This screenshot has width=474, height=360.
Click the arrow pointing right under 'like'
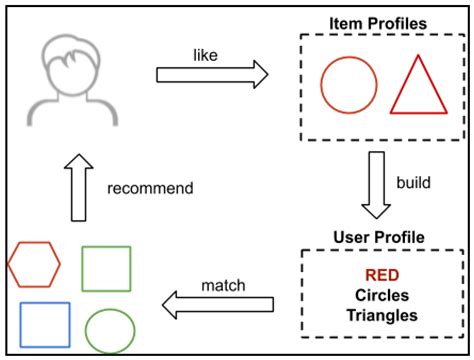pos(213,73)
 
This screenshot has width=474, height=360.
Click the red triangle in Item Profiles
pos(417,86)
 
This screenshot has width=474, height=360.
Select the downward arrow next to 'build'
pos(376,185)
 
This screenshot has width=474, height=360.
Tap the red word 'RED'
pos(378,274)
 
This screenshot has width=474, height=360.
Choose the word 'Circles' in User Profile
pos(378,295)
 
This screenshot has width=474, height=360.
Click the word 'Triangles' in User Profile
pos(378,316)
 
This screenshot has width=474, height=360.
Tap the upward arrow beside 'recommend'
pos(77,187)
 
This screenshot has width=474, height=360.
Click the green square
pos(105,268)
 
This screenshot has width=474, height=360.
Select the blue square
pos(45,325)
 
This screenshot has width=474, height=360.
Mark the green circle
pos(110,329)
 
